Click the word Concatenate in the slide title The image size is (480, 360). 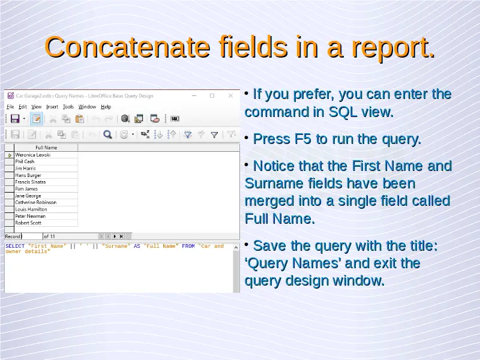[127, 47]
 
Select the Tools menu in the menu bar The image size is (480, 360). [68, 107]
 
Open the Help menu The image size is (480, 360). [106, 107]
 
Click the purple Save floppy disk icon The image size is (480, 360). [15, 118]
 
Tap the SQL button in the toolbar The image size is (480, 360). [175, 118]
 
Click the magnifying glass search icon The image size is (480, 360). [107, 134]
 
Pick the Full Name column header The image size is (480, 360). [46, 148]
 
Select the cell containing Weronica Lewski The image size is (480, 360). [33, 155]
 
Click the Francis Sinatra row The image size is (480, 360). [31, 182]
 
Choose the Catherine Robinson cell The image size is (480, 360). [36, 202]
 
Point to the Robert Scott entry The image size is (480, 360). [28, 223]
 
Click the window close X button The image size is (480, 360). [230, 96]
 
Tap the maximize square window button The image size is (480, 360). [212, 96]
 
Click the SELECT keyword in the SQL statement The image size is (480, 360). [15, 246]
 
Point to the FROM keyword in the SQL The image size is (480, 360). [188, 246]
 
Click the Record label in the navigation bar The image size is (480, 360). [13, 236]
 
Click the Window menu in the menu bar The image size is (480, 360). [87, 107]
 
